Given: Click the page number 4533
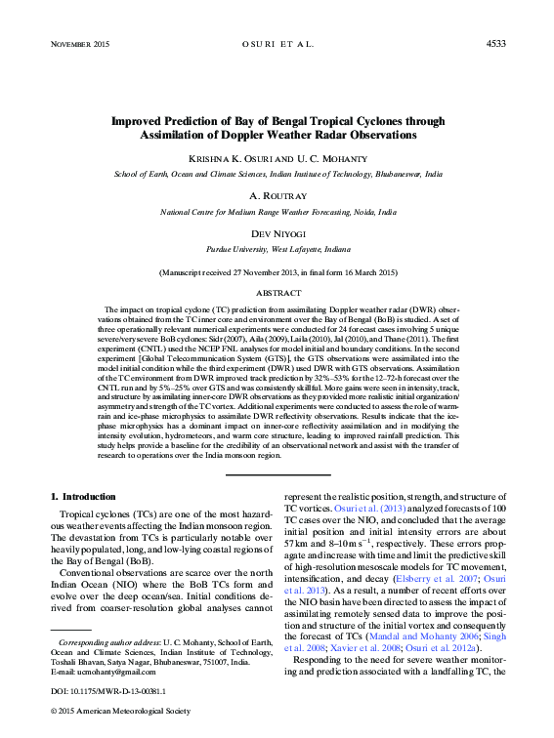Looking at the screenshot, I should (x=495, y=44).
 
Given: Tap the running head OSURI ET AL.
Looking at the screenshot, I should (x=277, y=44).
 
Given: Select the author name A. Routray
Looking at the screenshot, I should (x=277, y=196).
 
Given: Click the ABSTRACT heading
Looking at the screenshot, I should (x=277, y=292).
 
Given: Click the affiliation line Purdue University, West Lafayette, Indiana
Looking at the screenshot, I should (x=277, y=249).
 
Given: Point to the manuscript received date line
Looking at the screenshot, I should (x=277, y=272).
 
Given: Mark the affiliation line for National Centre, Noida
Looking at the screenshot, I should (x=277, y=210).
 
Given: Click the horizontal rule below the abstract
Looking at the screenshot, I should (x=277, y=474).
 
